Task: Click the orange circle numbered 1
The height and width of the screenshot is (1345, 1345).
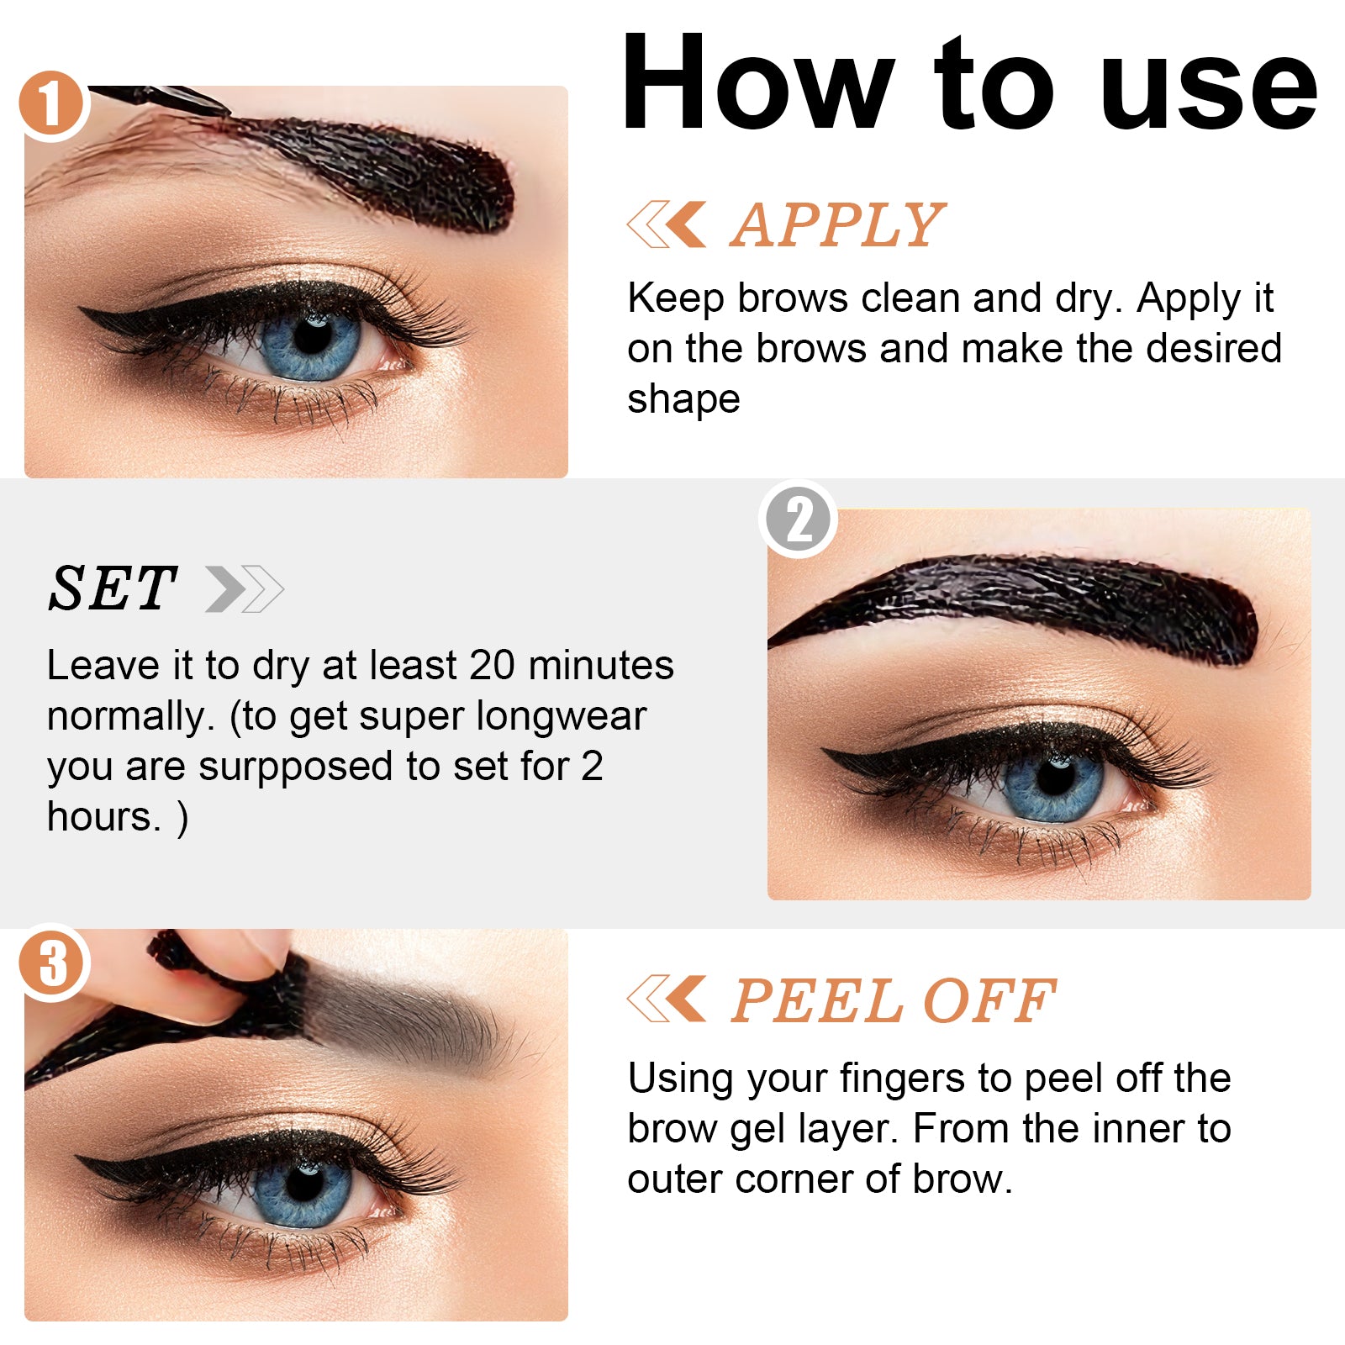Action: click(52, 104)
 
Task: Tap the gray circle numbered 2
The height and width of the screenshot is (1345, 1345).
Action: click(799, 520)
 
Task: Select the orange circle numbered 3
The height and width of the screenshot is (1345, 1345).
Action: click(52, 963)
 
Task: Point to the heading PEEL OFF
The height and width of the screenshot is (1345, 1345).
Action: click(893, 1001)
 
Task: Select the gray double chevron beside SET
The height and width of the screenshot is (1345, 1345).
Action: click(245, 589)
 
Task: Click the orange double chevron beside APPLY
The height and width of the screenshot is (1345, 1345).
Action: click(667, 224)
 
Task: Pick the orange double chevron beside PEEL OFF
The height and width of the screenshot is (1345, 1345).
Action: click(667, 1000)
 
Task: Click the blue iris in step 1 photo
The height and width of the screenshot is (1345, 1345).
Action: click(311, 343)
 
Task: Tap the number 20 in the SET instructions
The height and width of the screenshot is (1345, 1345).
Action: click(492, 665)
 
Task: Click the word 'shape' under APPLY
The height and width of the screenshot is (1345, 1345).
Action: click(683, 398)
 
